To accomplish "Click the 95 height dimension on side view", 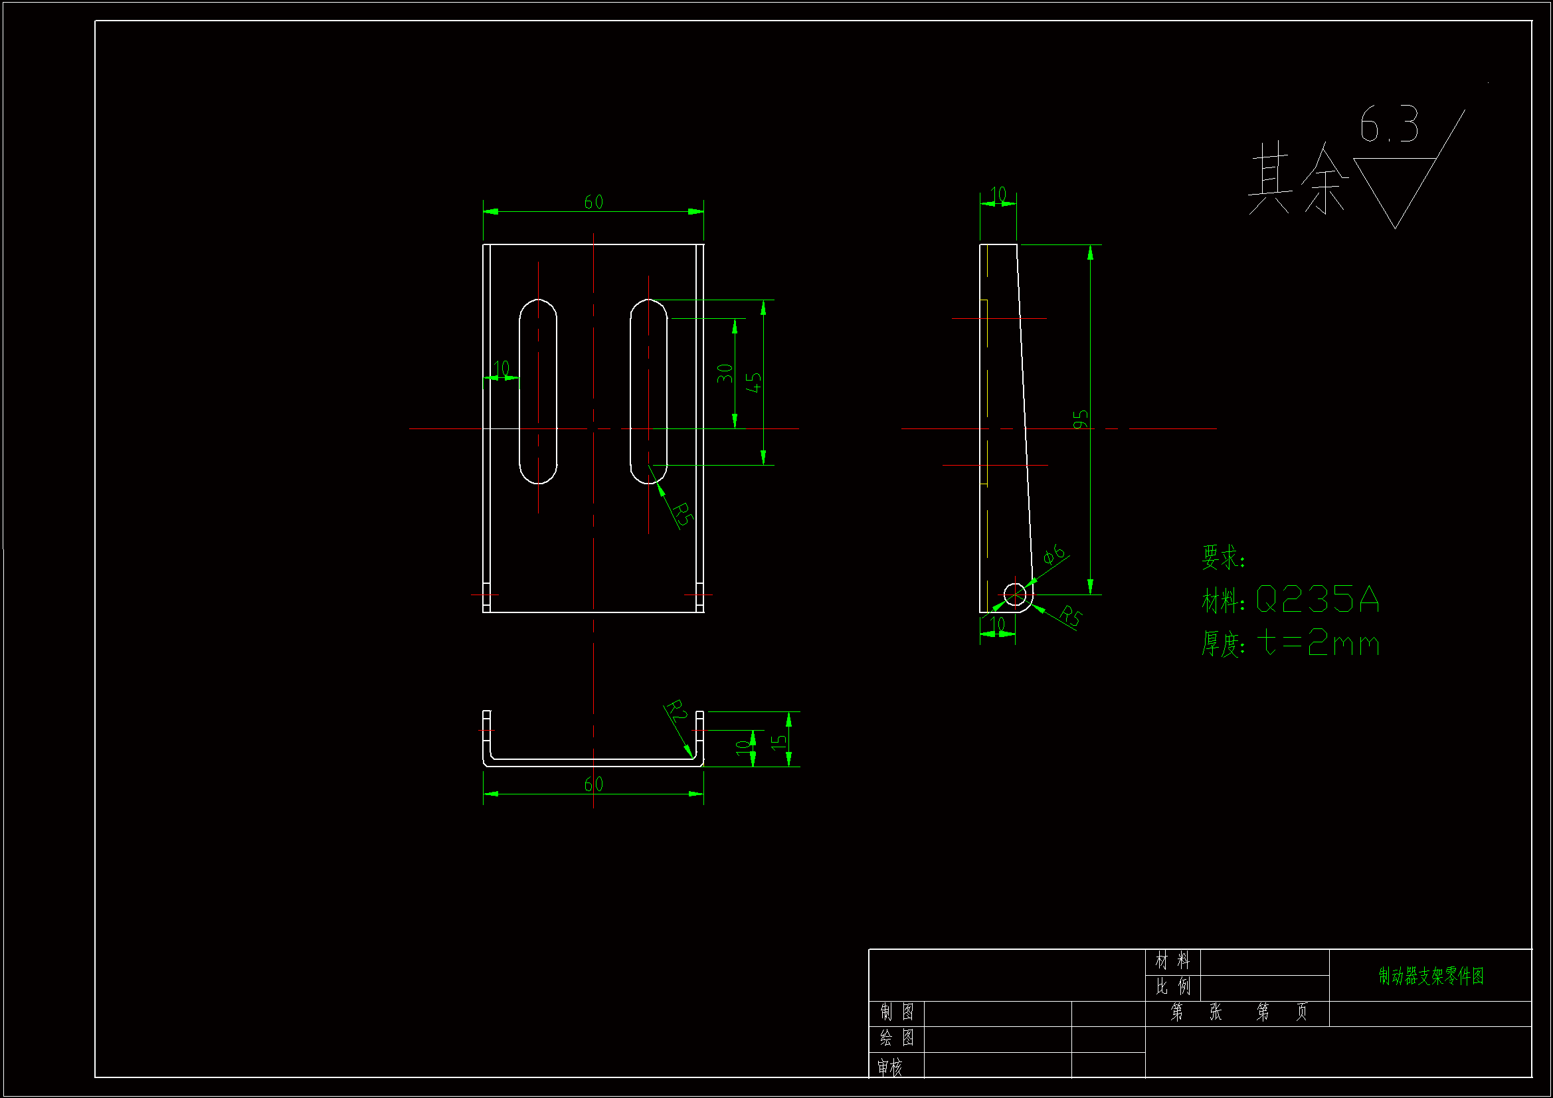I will point(1081,418).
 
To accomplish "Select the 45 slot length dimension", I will point(754,381).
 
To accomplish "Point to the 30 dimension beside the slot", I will point(725,373).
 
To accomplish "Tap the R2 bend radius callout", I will point(676,712).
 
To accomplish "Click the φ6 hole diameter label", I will point(1053,555).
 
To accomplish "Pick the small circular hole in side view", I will point(1014,595).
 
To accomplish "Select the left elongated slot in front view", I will point(538,392).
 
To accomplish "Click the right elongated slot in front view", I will point(649,392).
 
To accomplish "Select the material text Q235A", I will point(1317,599).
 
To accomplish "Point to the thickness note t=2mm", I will point(1318,643).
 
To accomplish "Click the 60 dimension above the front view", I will point(593,202).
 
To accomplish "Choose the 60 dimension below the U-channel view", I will point(593,784).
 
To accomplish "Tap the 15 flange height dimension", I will point(779,741).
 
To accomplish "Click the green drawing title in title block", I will point(1431,976).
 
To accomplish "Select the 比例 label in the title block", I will point(1172,986).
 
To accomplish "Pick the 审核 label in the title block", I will point(889,1067).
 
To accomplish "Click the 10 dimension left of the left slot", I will point(502,369).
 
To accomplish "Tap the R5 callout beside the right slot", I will point(683,514).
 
